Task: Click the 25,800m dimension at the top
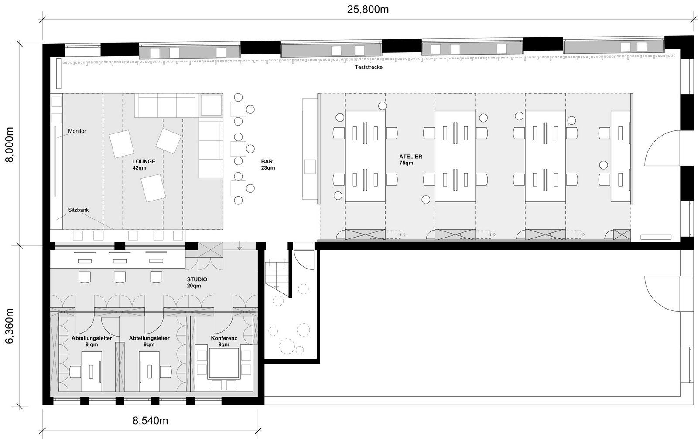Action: (368, 9)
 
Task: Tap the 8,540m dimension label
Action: (150, 421)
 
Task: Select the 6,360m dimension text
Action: (9, 326)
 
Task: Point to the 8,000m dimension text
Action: (9, 144)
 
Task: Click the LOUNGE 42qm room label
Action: (144, 164)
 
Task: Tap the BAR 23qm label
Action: (268, 164)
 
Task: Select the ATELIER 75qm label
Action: (410, 160)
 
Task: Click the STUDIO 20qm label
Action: (197, 282)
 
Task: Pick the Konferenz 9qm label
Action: (224, 341)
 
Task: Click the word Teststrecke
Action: (369, 68)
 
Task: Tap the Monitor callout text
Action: (77, 131)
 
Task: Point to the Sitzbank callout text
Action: (78, 210)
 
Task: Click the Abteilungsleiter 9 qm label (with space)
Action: (92, 341)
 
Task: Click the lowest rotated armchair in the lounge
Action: (152, 188)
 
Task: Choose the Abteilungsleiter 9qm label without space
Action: (149, 341)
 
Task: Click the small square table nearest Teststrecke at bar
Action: (238, 108)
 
